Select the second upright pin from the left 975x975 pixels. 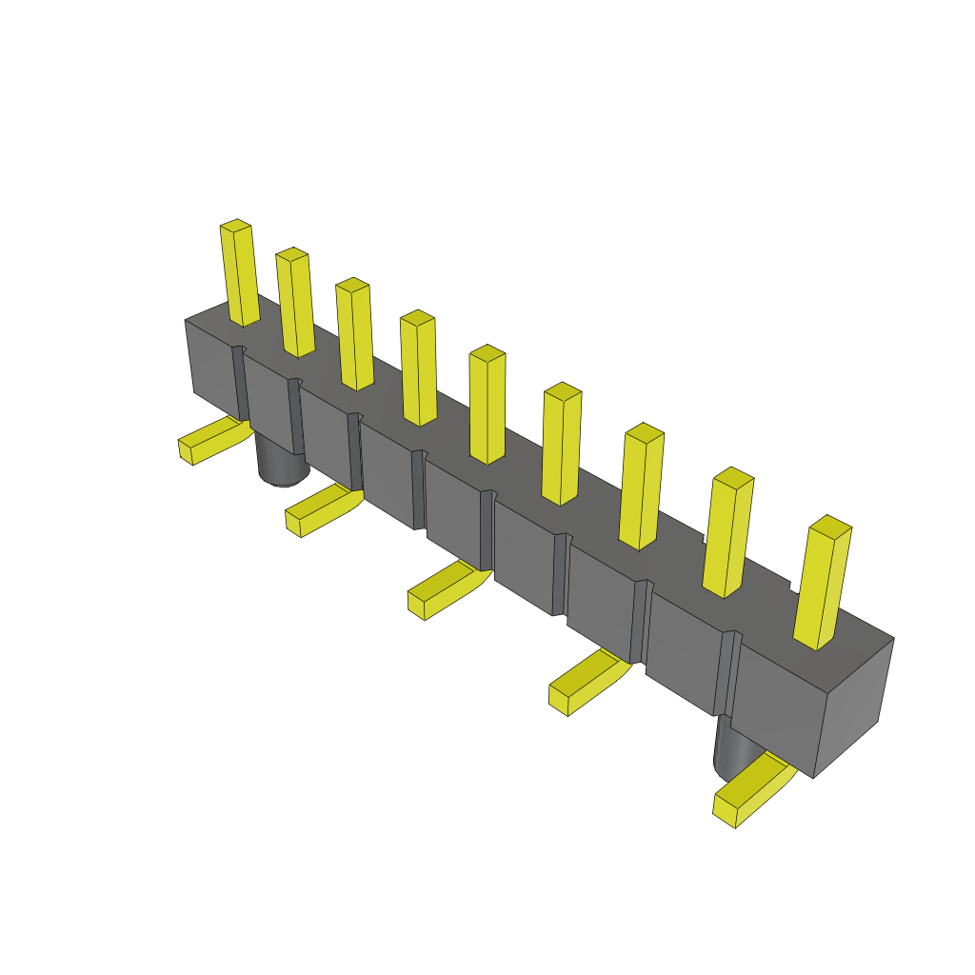click(x=296, y=305)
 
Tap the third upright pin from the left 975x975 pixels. click(x=355, y=336)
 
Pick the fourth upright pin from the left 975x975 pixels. click(x=419, y=369)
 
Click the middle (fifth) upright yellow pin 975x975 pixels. click(x=487, y=407)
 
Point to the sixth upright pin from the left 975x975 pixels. click(x=562, y=446)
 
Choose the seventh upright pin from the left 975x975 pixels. click(x=641, y=488)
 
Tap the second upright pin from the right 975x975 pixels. click(x=727, y=534)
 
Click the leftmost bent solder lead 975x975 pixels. click(x=211, y=441)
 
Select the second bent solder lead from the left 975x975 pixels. click(x=320, y=510)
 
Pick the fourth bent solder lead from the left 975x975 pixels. click(x=586, y=682)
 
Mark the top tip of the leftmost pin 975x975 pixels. click(x=235, y=226)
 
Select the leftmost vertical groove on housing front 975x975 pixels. click(x=241, y=381)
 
